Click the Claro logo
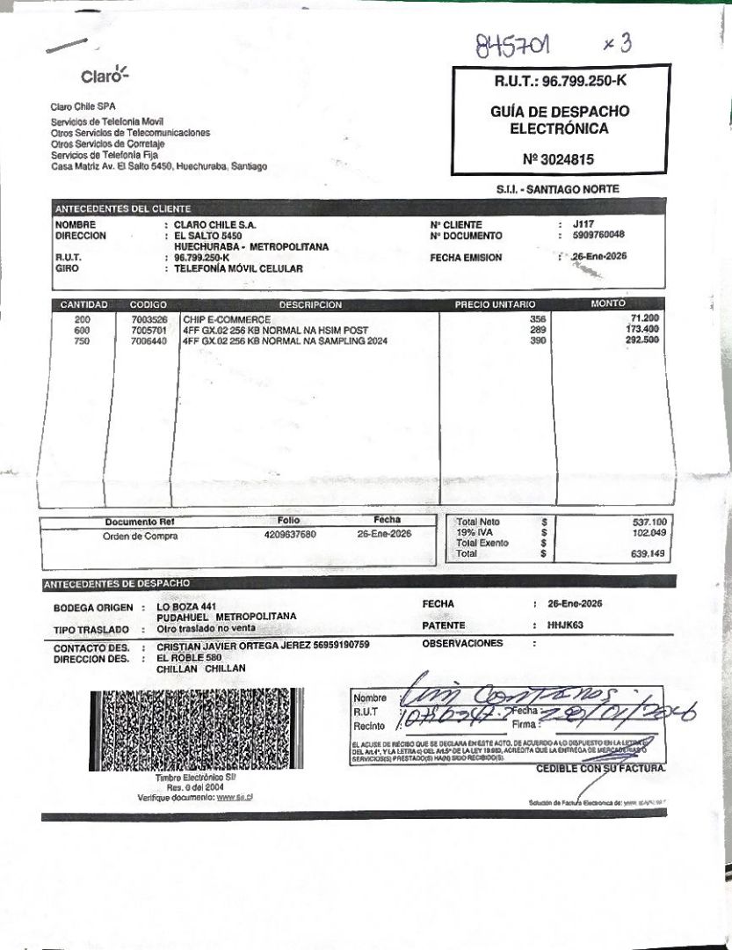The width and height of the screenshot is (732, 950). (105, 76)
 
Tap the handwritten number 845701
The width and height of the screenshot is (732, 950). (518, 44)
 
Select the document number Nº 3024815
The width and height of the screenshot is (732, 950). (558, 159)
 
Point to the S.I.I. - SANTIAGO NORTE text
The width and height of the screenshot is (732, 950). (557, 189)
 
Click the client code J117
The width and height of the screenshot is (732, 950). (583, 224)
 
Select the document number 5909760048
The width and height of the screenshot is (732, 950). (598, 236)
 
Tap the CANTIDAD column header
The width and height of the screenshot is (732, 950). (83, 304)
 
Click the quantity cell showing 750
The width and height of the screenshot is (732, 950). (82, 340)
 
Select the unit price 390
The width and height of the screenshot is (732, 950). (538, 340)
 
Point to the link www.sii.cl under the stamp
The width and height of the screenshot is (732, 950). (236, 798)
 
